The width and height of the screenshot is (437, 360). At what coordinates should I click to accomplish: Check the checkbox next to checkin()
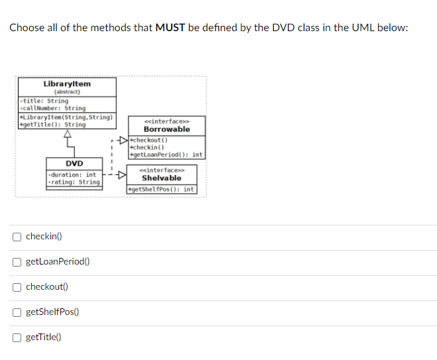17,237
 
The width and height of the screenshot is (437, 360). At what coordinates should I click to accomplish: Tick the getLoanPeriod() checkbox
17,262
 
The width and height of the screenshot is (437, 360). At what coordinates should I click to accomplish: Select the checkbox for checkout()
17,287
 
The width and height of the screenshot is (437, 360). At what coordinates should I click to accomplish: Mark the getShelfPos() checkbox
17,312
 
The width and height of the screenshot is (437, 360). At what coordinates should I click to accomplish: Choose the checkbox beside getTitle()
17,337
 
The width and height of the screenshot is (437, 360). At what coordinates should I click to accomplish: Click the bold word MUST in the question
170,28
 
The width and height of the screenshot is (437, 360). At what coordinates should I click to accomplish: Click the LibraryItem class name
67,84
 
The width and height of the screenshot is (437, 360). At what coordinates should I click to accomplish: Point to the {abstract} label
67,92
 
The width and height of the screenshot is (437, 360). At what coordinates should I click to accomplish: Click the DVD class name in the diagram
74,163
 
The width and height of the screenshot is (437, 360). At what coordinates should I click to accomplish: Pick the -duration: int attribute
72,175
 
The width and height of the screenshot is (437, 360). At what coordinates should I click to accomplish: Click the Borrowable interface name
166,129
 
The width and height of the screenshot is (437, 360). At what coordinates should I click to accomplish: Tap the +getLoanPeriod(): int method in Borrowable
166,154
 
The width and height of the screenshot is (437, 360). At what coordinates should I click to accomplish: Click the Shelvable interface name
161,178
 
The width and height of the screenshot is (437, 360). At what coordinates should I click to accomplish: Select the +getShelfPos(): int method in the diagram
161,190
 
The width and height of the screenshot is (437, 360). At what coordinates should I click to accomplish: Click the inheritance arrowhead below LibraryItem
67,134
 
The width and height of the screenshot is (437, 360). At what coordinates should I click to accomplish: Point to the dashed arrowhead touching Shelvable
121,176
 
